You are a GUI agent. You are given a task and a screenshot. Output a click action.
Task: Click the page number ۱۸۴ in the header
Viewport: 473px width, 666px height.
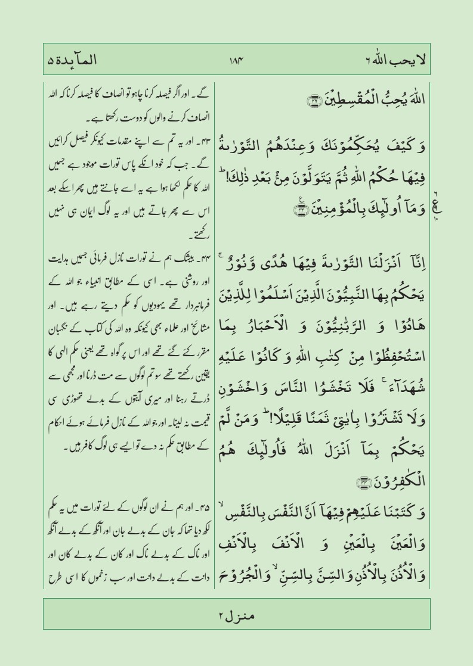pos(236,60)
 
